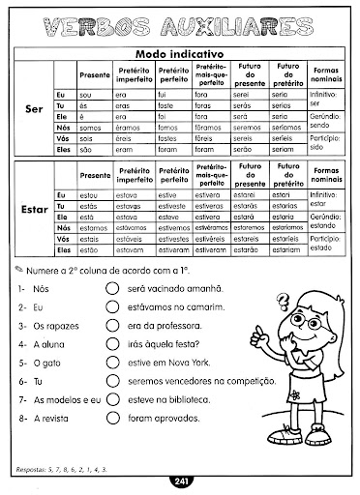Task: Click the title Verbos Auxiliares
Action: point(179,24)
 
